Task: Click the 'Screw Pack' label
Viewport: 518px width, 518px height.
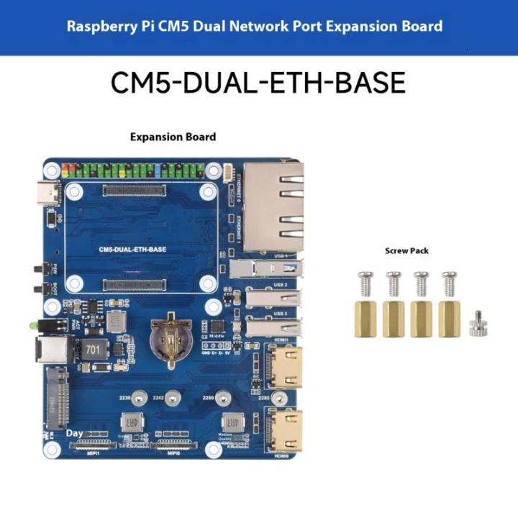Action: point(406,251)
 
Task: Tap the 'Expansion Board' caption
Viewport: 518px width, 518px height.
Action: point(173,137)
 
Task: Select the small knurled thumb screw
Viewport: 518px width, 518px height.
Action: point(476,323)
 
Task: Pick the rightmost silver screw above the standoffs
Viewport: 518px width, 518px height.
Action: point(450,284)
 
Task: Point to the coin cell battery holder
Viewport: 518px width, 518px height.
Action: point(168,337)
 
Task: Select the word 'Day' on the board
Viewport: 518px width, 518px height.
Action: point(74,434)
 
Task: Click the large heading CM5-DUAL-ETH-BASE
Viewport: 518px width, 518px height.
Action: point(258,83)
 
